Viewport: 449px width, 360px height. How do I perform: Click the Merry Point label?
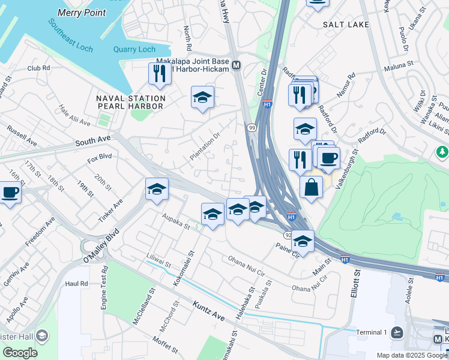82,13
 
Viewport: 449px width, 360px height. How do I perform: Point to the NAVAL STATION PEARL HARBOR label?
130,102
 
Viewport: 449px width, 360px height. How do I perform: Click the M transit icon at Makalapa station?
237,65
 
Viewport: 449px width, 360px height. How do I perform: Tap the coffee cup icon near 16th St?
10,193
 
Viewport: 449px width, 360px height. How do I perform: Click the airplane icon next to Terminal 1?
397,332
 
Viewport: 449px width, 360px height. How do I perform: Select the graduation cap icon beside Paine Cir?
303,241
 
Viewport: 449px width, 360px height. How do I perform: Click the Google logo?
20,352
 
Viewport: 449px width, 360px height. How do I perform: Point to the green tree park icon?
443,152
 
